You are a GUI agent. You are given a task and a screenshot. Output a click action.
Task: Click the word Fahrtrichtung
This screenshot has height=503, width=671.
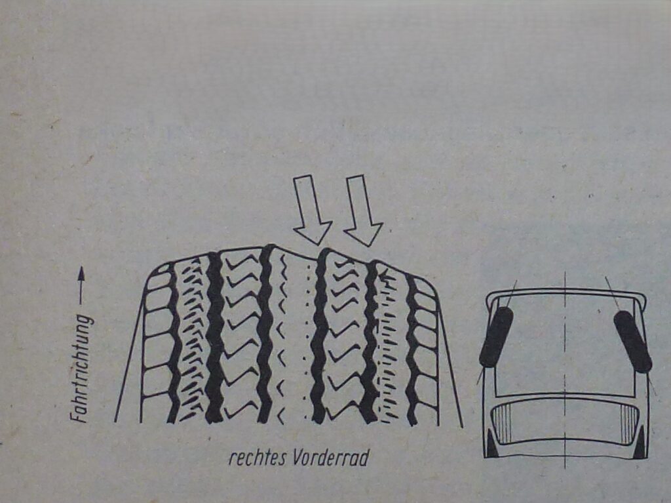point(82,369)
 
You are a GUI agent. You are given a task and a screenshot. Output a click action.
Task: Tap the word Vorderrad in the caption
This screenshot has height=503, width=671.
point(330,458)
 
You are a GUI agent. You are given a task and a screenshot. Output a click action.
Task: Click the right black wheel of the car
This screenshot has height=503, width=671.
point(633,341)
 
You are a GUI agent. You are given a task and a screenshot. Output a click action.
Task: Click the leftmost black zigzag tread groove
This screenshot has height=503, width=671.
point(174,343)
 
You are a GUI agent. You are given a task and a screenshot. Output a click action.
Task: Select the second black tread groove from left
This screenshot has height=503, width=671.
point(215,338)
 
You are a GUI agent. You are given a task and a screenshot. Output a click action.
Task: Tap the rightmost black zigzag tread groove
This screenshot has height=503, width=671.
point(412,349)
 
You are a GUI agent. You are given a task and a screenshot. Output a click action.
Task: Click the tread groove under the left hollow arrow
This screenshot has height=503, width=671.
point(318,336)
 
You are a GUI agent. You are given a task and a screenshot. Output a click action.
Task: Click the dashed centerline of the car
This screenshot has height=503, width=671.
point(566,369)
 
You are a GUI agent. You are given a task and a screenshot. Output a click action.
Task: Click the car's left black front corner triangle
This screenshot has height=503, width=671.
point(491,444)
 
